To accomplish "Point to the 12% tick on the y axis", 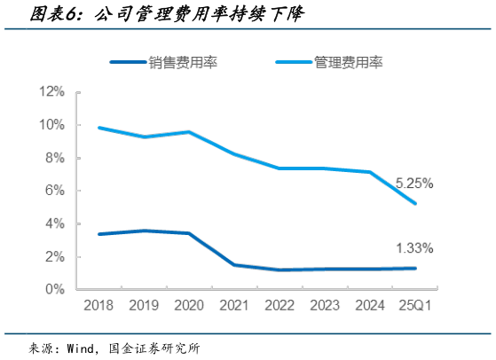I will click(x=51, y=91).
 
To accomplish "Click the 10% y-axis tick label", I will click(x=51, y=125).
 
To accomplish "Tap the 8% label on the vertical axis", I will click(x=55, y=158).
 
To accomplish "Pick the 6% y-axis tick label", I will click(x=55, y=191).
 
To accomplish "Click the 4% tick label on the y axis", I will click(x=55, y=223).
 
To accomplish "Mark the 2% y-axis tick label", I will click(x=55, y=256).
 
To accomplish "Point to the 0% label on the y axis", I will click(x=55, y=289).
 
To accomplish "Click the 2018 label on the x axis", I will click(x=98, y=306).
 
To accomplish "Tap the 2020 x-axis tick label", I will click(x=188, y=306).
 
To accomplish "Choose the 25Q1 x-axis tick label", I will click(x=415, y=306).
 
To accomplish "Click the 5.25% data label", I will click(x=413, y=184).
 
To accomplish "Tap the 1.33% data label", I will click(x=413, y=247).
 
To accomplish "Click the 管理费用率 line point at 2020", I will click(x=188, y=132).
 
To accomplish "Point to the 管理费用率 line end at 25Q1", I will click(x=415, y=203).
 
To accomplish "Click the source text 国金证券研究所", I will click(x=164, y=347).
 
